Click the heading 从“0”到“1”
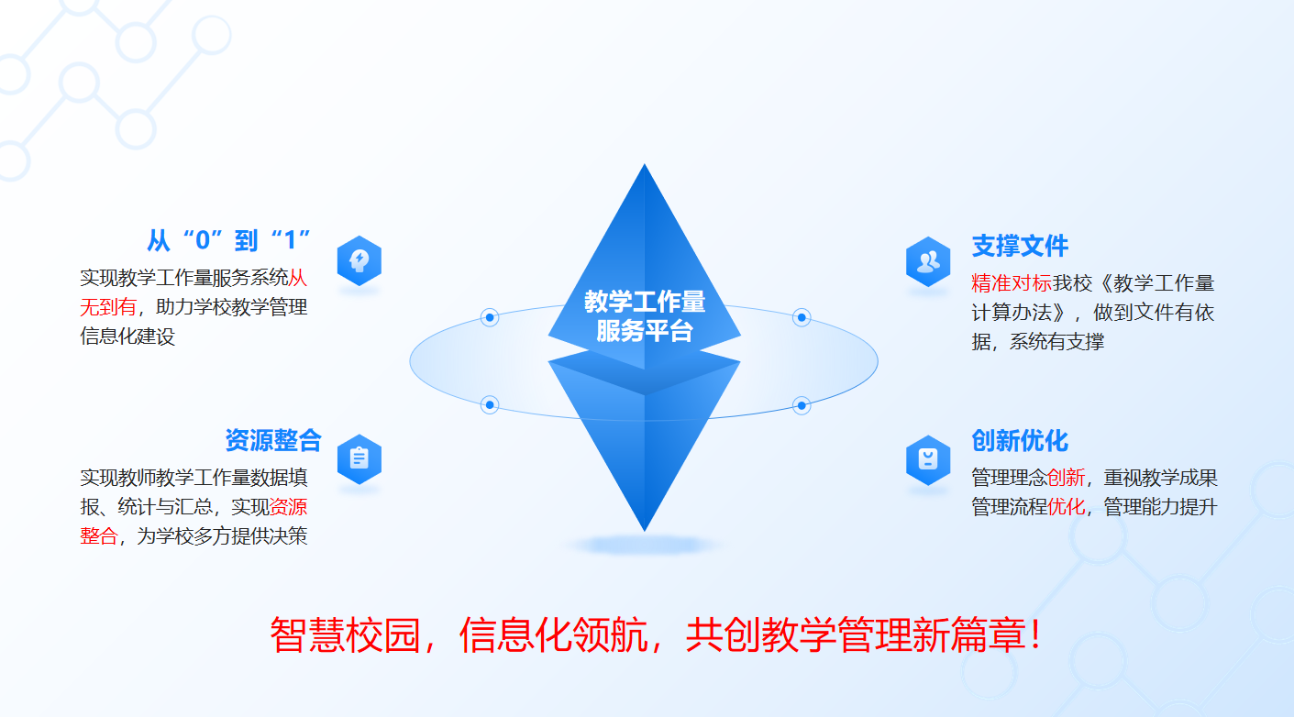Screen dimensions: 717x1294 229,241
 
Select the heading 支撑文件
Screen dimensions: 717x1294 1020,246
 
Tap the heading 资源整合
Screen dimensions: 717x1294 273,440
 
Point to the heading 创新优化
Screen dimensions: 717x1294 1020,441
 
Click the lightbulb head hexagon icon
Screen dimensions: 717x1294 359,261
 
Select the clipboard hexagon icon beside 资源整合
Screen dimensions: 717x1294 359,458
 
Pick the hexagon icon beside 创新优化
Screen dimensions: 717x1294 928,458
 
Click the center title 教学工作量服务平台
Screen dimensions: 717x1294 645,315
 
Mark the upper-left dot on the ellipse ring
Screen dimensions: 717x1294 490,318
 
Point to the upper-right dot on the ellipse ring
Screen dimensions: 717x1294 802,318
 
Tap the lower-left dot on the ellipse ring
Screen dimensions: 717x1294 490,404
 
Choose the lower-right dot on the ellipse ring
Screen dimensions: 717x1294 802,404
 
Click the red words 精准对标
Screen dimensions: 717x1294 1011,283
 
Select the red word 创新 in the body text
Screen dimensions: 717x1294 1066,478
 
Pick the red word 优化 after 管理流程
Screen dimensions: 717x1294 1066,507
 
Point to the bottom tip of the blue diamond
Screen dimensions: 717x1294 645,529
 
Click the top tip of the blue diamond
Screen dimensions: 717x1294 645,167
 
